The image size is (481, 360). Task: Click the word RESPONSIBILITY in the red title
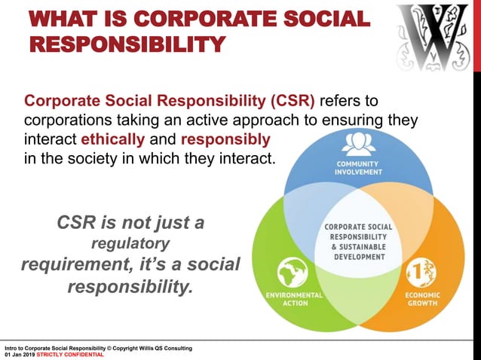pos(127,43)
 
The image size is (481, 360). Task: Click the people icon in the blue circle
pos(358,142)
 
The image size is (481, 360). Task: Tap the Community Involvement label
pos(358,167)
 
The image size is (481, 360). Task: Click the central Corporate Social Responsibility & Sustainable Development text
pos(358,243)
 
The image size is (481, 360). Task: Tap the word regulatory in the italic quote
pos(130,244)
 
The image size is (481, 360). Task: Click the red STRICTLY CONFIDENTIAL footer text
pos(73,355)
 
